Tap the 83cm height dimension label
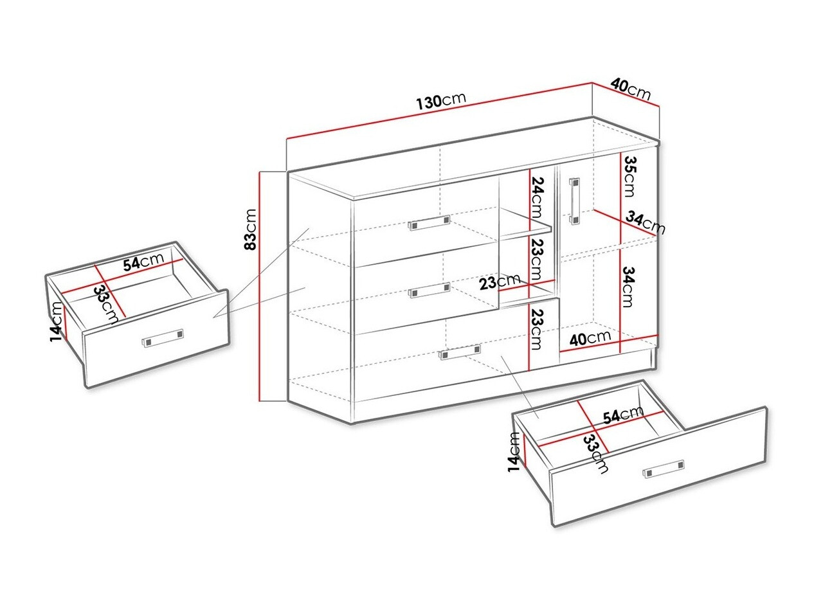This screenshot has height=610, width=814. [251, 229]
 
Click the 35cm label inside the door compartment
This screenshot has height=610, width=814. [630, 176]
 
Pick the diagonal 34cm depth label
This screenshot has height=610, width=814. [645, 222]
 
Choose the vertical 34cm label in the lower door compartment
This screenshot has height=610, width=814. [628, 287]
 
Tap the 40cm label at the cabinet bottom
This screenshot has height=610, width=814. [590, 337]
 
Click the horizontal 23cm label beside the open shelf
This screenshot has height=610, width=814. [500, 282]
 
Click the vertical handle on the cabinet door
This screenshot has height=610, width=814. [574, 201]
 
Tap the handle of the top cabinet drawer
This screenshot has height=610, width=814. [429, 223]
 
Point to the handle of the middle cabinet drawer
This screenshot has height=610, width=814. [429, 290]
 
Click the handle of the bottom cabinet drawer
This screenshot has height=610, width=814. [460, 352]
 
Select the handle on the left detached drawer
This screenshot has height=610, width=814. [163, 337]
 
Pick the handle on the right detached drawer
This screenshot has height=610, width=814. [663, 469]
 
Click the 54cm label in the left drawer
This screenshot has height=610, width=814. [143, 260]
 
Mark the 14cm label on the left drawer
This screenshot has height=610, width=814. [57, 321]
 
